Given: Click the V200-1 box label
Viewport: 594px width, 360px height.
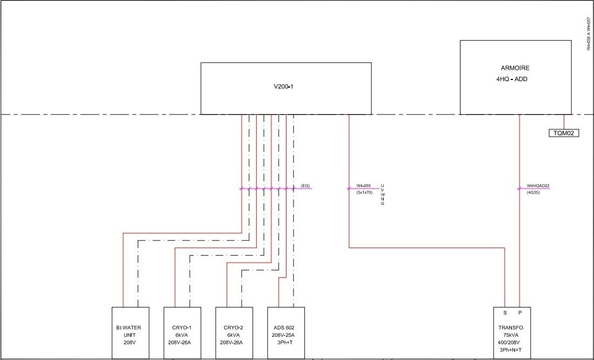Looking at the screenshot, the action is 284,86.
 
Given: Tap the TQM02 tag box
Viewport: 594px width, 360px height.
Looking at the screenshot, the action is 564,133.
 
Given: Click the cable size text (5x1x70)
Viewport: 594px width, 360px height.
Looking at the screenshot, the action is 364,192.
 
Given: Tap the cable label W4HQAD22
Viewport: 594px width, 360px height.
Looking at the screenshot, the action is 538,186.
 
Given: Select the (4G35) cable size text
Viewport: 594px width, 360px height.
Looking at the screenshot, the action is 533,192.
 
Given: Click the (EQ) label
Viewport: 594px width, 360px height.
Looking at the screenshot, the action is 305,186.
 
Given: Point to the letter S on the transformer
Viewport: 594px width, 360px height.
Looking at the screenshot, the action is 505,312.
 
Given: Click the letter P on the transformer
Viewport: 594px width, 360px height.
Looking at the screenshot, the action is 520,312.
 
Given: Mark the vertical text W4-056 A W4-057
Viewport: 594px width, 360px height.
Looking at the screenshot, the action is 588,34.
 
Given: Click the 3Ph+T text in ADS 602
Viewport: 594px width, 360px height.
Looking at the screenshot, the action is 286,343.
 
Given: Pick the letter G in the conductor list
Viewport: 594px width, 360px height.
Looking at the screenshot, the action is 383,204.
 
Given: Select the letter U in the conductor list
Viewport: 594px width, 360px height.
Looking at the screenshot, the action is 383,186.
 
